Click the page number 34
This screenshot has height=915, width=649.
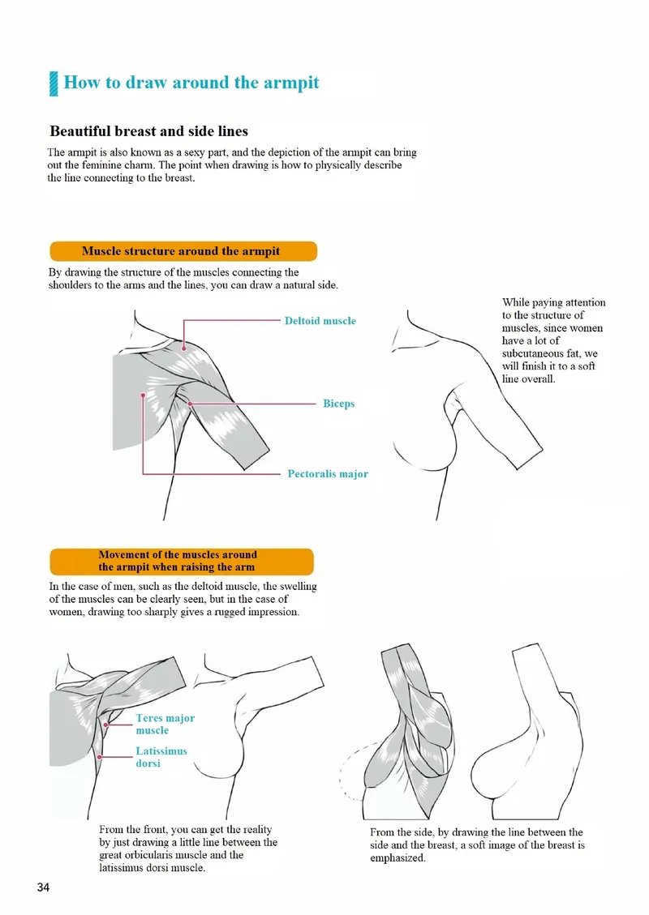(44, 887)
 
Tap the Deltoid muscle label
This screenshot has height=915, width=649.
(320, 321)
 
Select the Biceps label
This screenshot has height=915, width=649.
(338, 403)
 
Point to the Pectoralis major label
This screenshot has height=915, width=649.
(327, 473)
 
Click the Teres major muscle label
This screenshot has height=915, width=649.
(165, 724)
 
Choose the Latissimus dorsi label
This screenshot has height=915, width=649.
(161, 757)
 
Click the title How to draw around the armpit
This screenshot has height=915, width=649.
(191, 83)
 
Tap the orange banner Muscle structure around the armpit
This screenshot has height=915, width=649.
(182, 251)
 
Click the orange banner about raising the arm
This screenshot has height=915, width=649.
(181, 561)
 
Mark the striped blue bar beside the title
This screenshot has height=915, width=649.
(54, 83)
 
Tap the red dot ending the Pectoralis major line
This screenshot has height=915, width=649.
(144, 396)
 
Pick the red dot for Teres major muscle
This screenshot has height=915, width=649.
(106, 725)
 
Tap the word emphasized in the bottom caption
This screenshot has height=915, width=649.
(398, 857)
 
